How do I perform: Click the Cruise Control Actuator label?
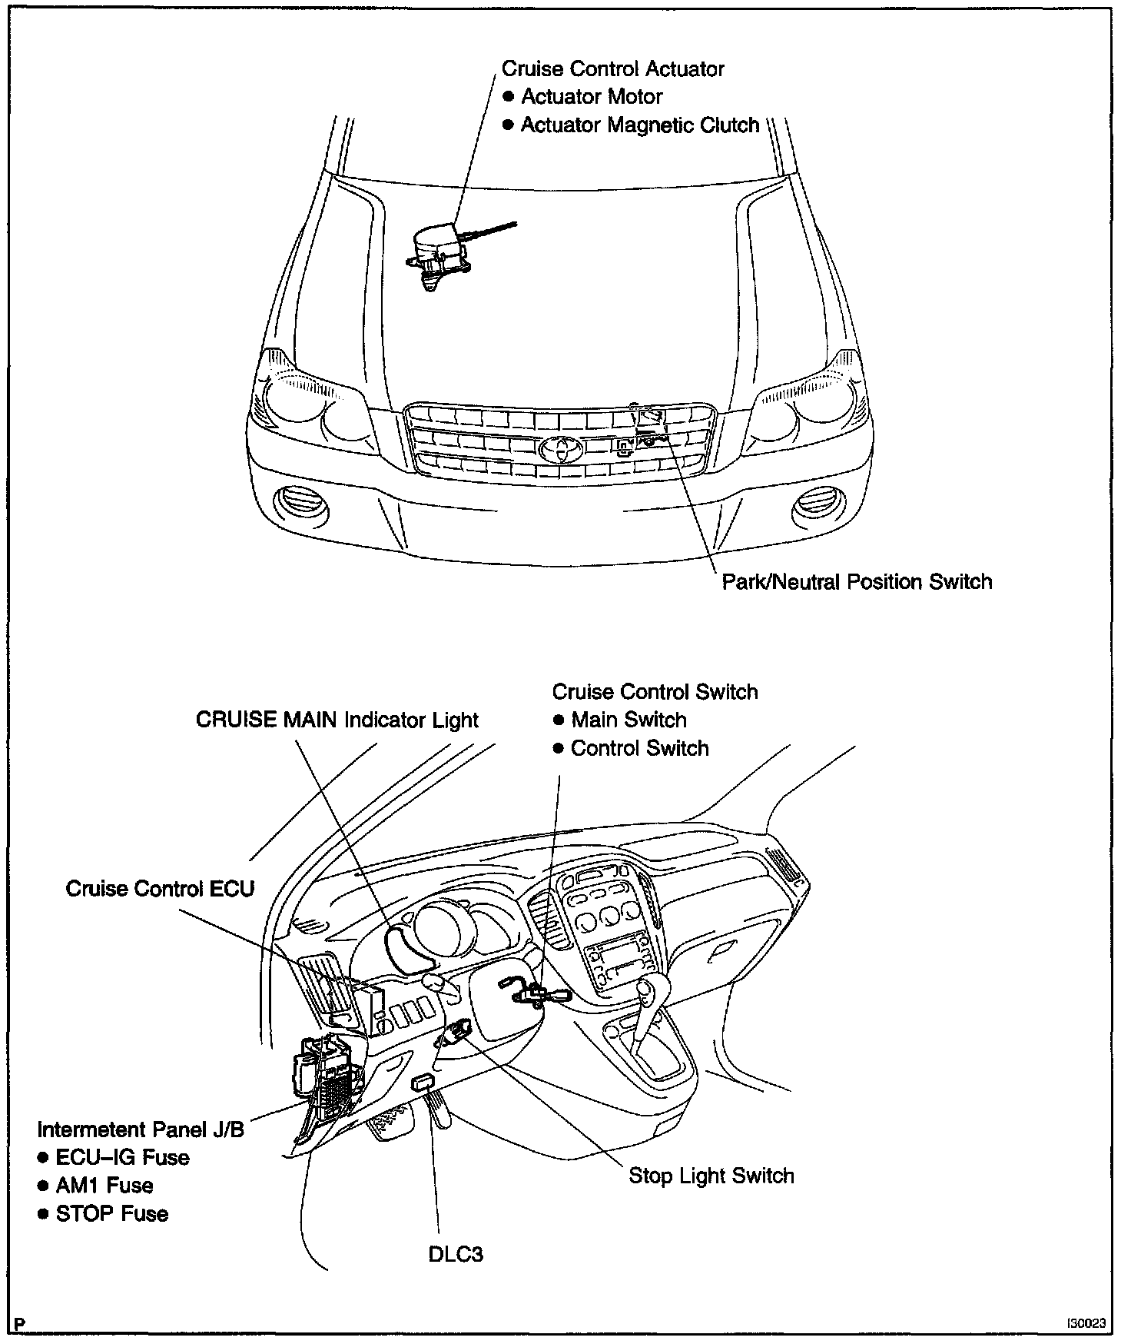(612, 69)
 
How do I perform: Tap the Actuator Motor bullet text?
(592, 97)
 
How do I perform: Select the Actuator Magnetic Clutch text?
(639, 125)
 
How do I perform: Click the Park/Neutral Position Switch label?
(857, 581)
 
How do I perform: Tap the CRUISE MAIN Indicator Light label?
(337, 720)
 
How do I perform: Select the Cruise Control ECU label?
(160, 889)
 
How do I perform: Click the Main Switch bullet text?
(629, 720)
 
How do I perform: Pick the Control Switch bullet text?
(639, 749)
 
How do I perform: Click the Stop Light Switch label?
(711, 1176)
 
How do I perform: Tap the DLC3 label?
(456, 1254)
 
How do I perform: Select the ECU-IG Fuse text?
(122, 1158)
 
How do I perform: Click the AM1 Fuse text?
(104, 1186)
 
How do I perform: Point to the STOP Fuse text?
(112, 1214)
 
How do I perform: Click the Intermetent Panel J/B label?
(141, 1129)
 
